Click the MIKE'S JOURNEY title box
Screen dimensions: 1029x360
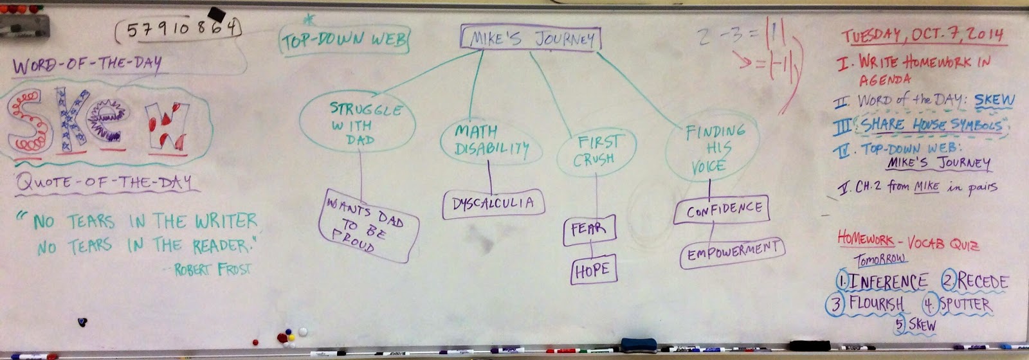[x=531, y=39]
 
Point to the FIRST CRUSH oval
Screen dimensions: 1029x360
[x=596, y=150]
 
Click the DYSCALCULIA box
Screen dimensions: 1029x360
[x=493, y=203]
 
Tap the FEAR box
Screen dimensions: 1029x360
[x=589, y=230]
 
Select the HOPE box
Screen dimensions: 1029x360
[x=593, y=271]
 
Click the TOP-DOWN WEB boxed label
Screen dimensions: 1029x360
[x=345, y=40]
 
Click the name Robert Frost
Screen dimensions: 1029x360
[x=212, y=268]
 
